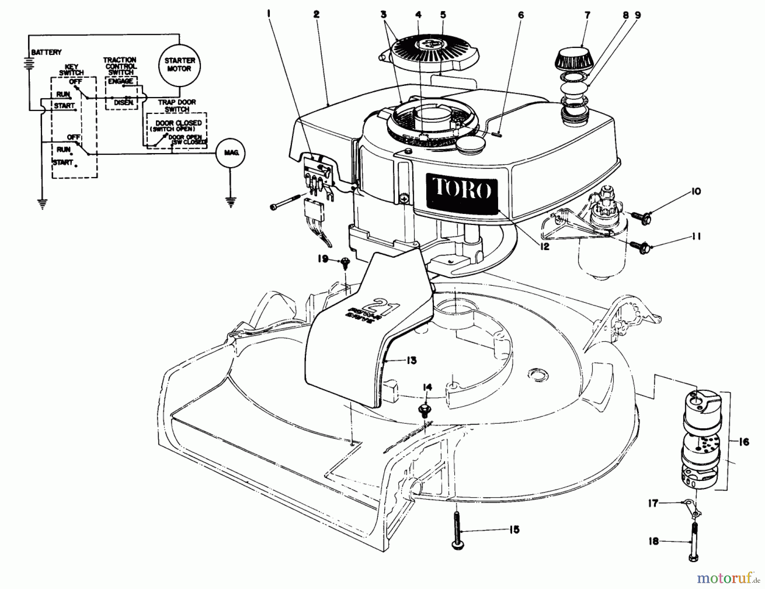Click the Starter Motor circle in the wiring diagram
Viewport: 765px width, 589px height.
[x=179, y=65]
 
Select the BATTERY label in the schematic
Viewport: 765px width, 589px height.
[x=46, y=52]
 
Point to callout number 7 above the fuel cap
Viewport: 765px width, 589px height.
[x=587, y=15]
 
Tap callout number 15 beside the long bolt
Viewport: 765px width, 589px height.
[x=514, y=530]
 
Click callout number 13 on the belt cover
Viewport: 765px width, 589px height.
[x=411, y=361]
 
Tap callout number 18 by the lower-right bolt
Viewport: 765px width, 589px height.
[x=653, y=541]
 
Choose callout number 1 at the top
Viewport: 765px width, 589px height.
[x=269, y=14]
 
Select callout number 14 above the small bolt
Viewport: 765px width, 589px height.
[x=427, y=387]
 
